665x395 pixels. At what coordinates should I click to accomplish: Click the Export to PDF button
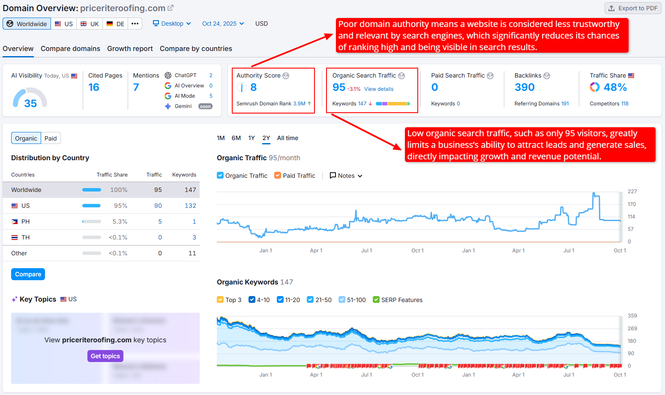tap(633, 8)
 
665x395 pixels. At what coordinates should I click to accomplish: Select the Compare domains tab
tap(70, 49)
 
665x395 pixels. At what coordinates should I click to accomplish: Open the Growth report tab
tap(130, 49)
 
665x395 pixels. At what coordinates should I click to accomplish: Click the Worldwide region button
tap(27, 24)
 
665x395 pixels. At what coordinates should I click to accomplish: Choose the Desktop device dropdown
tap(172, 24)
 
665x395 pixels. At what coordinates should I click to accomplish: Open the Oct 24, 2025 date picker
tap(223, 24)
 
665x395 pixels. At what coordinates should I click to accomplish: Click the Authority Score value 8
tap(253, 87)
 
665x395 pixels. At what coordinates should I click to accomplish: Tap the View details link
tap(379, 89)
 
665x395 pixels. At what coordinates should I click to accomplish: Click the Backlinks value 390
tap(524, 87)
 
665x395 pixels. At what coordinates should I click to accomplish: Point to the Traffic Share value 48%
tap(615, 87)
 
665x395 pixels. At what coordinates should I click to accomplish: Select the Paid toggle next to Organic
tap(51, 138)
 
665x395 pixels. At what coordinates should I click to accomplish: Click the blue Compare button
tap(28, 274)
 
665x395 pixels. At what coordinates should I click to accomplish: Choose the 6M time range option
tap(236, 138)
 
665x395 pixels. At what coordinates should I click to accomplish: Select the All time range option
tap(288, 138)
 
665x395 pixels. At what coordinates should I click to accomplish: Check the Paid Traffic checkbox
tap(278, 176)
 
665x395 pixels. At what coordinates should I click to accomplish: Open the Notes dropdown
tap(346, 176)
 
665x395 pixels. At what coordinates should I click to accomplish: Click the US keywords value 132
tap(190, 206)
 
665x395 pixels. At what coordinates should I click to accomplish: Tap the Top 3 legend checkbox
tap(220, 300)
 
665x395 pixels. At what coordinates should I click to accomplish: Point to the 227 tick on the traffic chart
tap(632, 192)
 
